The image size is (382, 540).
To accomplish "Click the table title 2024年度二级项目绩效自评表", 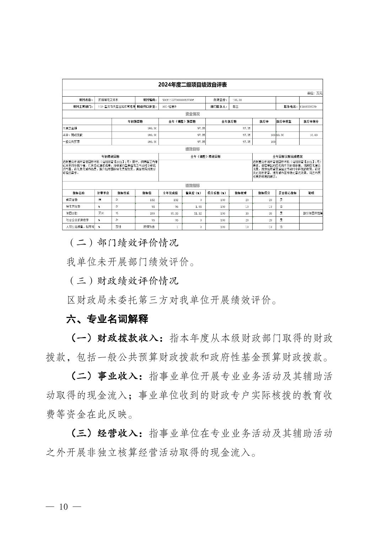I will click(x=192, y=85).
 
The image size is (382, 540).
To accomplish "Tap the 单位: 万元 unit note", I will click(x=314, y=93).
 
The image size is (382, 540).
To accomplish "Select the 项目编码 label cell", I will click(x=150, y=100).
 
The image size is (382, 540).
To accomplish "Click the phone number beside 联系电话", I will click(x=308, y=106).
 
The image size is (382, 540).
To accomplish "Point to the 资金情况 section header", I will click(x=192, y=114).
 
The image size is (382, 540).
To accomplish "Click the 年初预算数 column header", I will click(x=135, y=121).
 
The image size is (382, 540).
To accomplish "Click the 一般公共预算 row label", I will click(x=71, y=142).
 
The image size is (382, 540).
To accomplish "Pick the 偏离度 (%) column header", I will click(x=194, y=193).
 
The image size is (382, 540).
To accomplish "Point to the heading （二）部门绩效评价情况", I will click(x=123, y=243).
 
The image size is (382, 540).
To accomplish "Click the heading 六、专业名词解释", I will click(x=107, y=319).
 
